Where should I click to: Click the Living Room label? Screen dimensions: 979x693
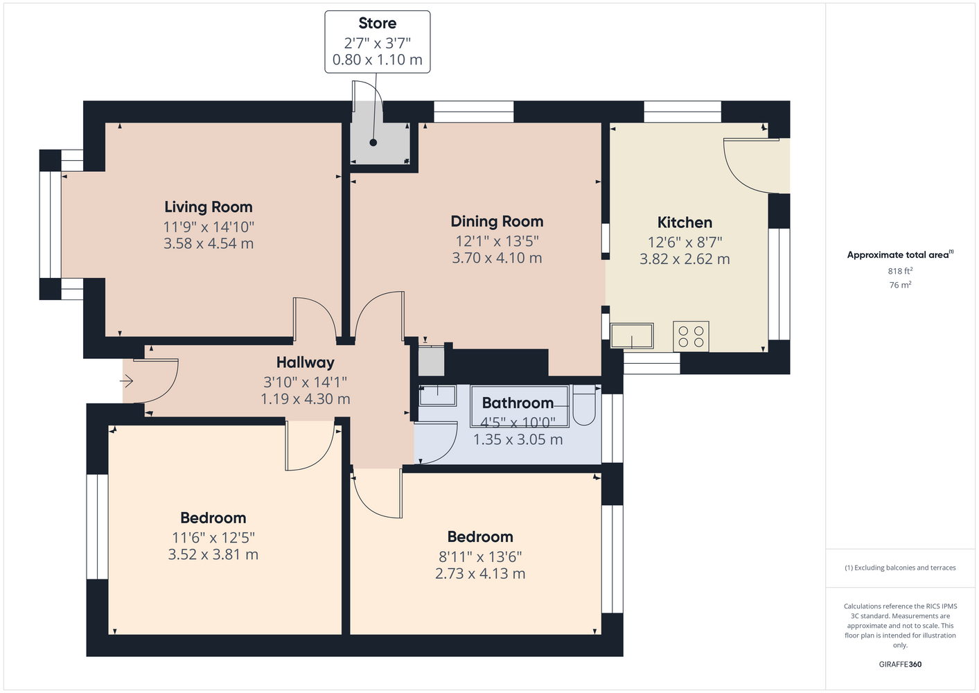[x=209, y=207]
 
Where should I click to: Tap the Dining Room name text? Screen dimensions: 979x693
[x=497, y=221]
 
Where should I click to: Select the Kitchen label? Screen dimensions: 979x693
[x=685, y=222]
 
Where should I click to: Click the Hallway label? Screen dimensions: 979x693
[x=305, y=362]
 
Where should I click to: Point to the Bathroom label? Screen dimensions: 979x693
[x=518, y=403]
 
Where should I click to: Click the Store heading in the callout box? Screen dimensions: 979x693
[x=377, y=23]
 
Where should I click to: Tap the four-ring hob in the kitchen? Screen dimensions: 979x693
[x=691, y=336]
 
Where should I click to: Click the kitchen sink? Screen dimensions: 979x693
[x=632, y=336]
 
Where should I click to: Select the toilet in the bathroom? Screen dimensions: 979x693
[x=584, y=405]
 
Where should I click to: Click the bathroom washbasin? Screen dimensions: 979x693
[x=437, y=395]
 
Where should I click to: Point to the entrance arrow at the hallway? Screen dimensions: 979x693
[x=126, y=381]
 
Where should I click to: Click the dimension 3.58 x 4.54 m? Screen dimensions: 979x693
[x=209, y=243]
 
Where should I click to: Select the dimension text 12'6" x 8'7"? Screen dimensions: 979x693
[x=685, y=242]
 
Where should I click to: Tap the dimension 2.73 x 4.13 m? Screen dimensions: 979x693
[x=480, y=574]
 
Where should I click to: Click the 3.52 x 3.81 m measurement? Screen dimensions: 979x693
[x=213, y=555]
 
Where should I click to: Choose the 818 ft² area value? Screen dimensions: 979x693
[x=900, y=271]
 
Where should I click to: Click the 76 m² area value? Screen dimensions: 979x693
[x=900, y=285]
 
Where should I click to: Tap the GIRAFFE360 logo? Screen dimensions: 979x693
[x=900, y=664]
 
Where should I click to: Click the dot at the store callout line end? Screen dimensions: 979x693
[x=373, y=143]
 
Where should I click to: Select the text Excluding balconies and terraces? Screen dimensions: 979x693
[x=905, y=568]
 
